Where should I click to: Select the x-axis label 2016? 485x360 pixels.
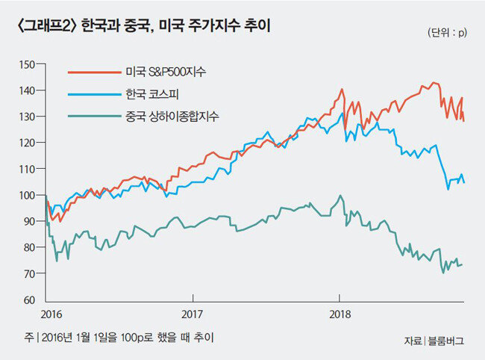(51, 314)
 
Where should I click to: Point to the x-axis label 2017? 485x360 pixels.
(192, 314)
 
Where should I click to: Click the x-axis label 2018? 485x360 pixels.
(339, 314)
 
